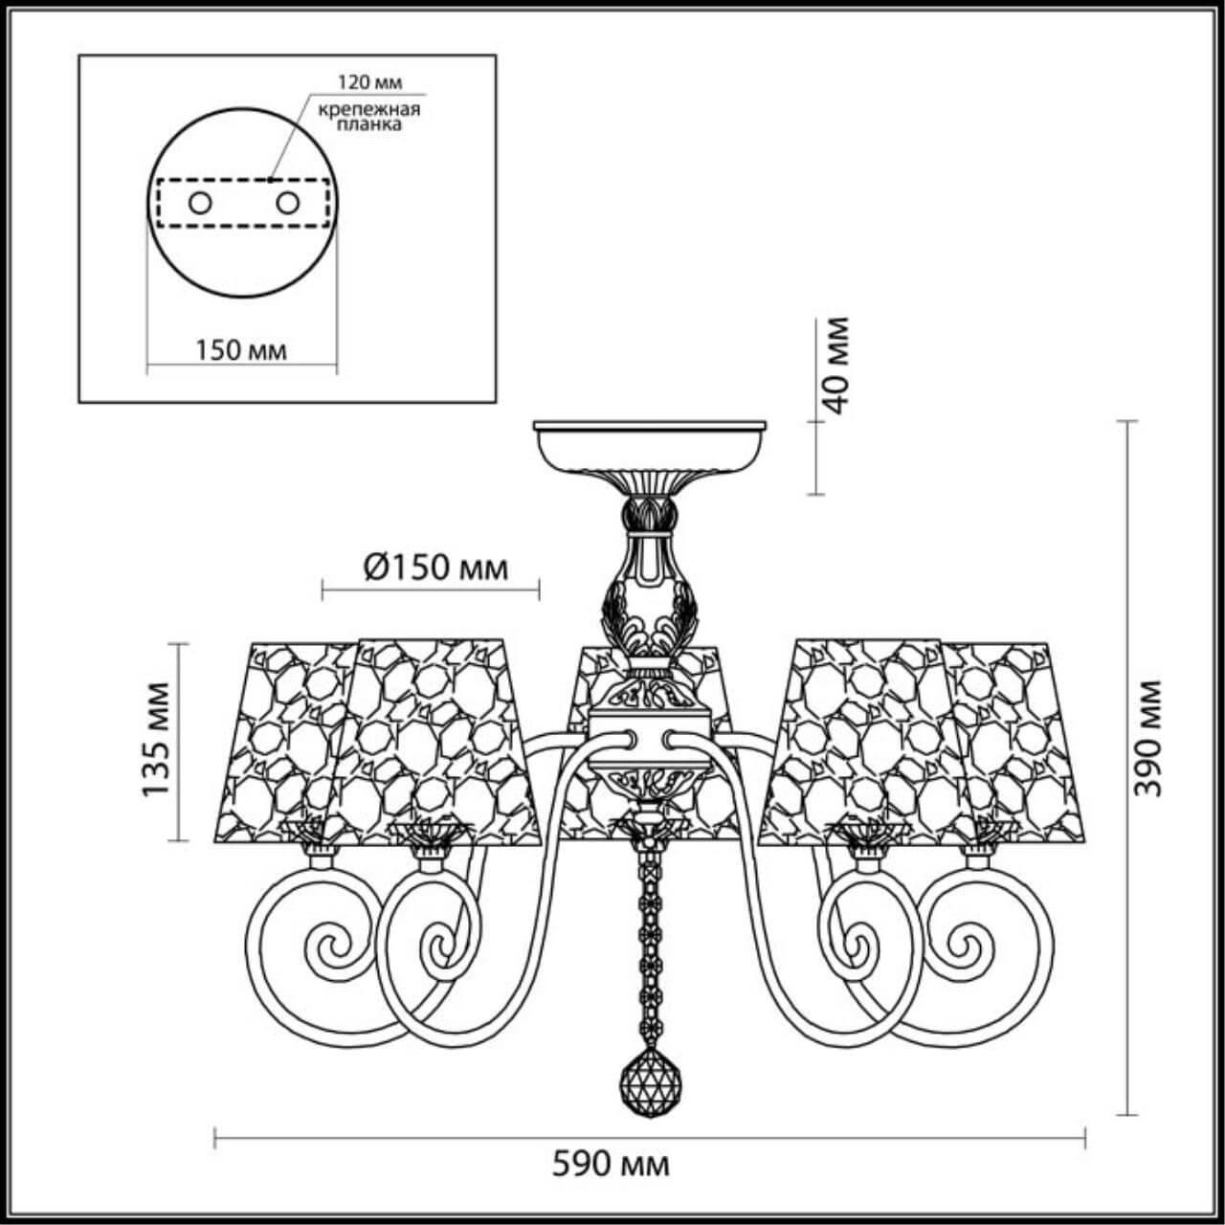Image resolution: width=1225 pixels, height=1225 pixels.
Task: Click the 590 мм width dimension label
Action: click(x=612, y=1165)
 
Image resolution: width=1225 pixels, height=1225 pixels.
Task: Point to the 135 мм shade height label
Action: click(x=155, y=738)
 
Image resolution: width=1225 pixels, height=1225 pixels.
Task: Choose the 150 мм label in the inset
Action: click(x=241, y=350)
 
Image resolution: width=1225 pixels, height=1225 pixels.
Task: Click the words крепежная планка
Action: click(x=370, y=118)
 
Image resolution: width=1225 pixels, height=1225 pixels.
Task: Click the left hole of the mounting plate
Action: click(x=200, y=203)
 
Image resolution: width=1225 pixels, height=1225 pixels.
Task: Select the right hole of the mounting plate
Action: click(x=286, y=203)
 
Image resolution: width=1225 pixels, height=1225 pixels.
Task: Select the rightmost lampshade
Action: click(x=1019, y=742)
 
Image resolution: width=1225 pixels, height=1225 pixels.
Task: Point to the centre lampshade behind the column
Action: click(x=584, y=689)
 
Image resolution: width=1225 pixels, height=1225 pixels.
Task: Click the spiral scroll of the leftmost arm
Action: click(x=330, y=947)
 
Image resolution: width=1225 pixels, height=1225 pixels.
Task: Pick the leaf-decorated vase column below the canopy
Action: click(x=648, y=584)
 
